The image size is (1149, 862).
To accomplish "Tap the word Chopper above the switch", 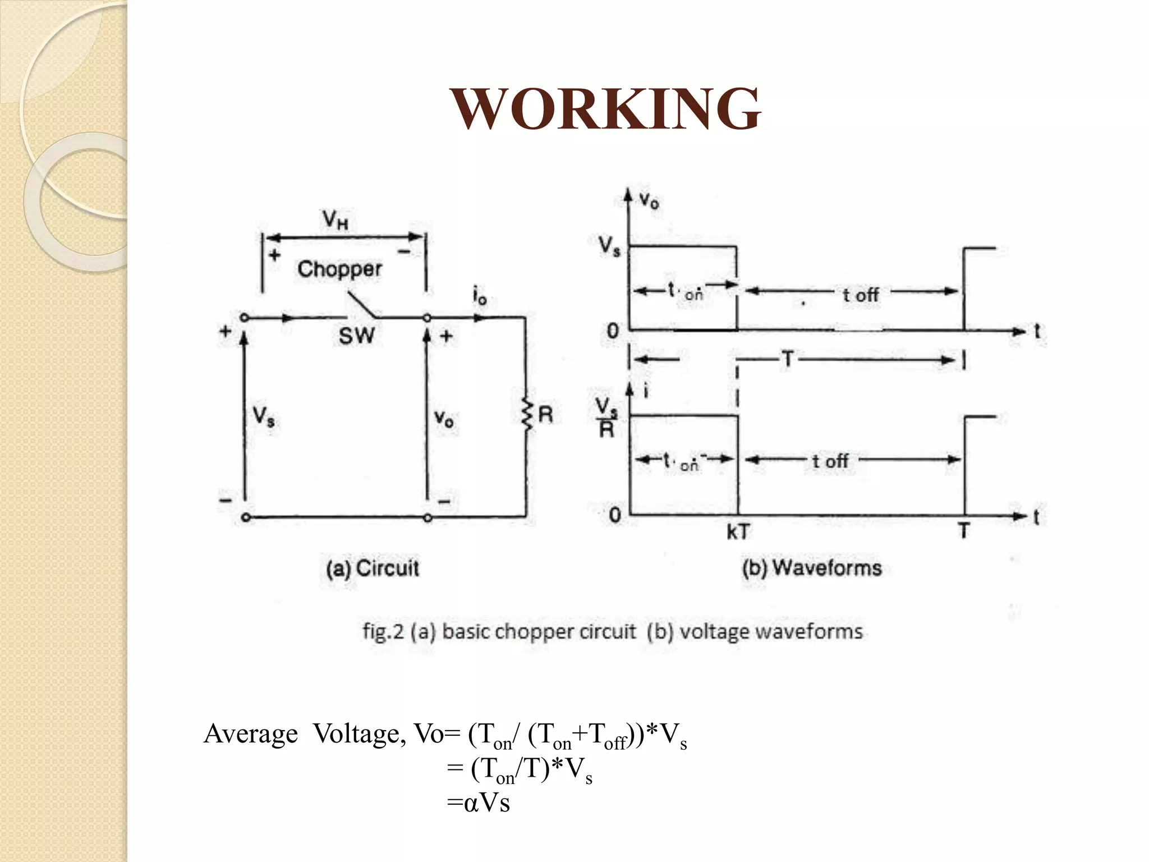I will pyautogui.click(x=339, y=269).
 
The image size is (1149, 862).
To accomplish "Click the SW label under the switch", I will pyautogui.click(x=356, y=336).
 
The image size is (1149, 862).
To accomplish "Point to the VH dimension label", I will pyautogui.click(x=335, y=219).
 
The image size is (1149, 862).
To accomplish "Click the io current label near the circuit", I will pyautogui.click(x=480, y=296).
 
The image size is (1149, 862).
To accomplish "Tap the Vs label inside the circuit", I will pyautogui.click(x=263, y=416).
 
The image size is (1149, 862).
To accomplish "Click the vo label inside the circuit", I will pyautogui.click(x=444, y=418).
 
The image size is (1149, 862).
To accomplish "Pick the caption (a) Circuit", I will pyautogui.click(x=373, y=568).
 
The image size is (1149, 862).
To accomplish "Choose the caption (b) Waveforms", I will pyautogui.click(x=812, y=568).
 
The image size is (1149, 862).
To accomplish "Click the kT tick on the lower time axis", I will pyautogui.click(x=738, y=531).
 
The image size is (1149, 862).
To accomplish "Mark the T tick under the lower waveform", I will pyautogui.click(x=964, y=530).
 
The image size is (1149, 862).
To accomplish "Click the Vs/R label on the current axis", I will pyautogui.click(x=606, y=417).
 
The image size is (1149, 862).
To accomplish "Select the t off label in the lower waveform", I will pyautogui.click(x=830, y=461).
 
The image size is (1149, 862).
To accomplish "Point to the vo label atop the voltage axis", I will pyautogui.click(x=649, y=200).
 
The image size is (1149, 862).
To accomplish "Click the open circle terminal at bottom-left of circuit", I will pyautogui.click(x=245, y=517).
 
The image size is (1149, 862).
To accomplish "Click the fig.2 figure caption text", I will pyautogui.click(x=612, y=632).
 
